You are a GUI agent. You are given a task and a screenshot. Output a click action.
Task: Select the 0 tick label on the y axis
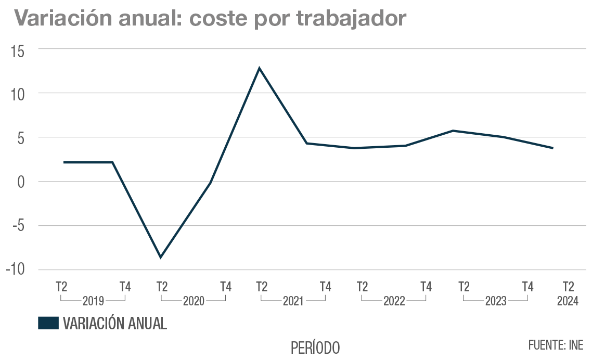(x=20, y=182)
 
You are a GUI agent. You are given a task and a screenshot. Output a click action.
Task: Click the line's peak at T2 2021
(x=259, y=68)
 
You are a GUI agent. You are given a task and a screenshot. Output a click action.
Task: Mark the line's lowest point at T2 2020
(x=161, y=257)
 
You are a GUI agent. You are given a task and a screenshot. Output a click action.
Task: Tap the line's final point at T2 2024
(x=552, y=148)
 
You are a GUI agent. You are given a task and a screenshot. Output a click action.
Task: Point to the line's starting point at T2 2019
(x=64, y=162)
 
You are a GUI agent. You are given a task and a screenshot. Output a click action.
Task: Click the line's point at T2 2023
(x=453, y=131)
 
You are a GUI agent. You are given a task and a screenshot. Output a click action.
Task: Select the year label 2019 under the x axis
(x=93, y=301)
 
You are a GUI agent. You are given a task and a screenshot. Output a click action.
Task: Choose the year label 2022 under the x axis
(x=394, y=301)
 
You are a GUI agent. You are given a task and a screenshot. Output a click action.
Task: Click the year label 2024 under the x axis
(x=568, y=301)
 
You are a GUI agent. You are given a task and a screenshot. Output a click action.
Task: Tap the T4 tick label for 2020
(x=225, y=287)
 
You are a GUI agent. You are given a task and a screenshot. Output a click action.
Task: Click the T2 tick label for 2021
(x=262, y=287)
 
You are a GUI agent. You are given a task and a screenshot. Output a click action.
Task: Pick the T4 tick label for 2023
(x=527, y=287)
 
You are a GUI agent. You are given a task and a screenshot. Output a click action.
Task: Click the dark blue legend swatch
(x=48, y=323)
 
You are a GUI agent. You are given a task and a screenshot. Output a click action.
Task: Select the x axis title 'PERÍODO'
(x=315, y=347)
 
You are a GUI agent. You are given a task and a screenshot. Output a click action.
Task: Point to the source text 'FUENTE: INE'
(x=556, y=345)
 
